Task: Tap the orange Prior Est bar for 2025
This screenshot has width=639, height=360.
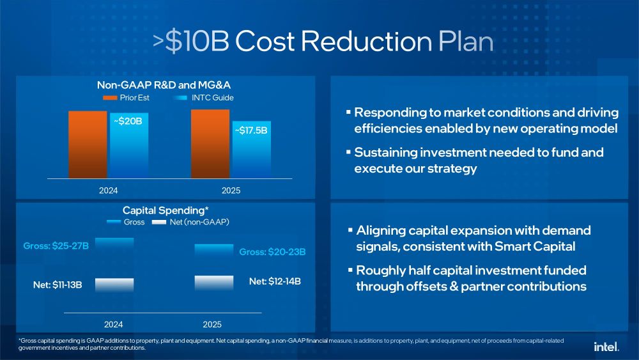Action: click(x=210, y=143)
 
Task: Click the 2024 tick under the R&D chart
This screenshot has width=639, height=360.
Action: click(x=108, y=191)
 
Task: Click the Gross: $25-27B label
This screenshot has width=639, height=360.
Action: click(x=56, y=246)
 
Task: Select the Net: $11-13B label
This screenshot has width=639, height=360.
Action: click(x=58, y=285)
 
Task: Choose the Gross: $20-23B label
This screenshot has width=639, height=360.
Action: click(x=272, y=253)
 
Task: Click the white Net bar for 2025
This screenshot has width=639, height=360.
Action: click(x=214, y=283)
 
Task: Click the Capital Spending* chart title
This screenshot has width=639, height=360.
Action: click(x=166, y=210)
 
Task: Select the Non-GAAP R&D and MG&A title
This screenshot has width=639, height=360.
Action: click(x=165, y=85)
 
